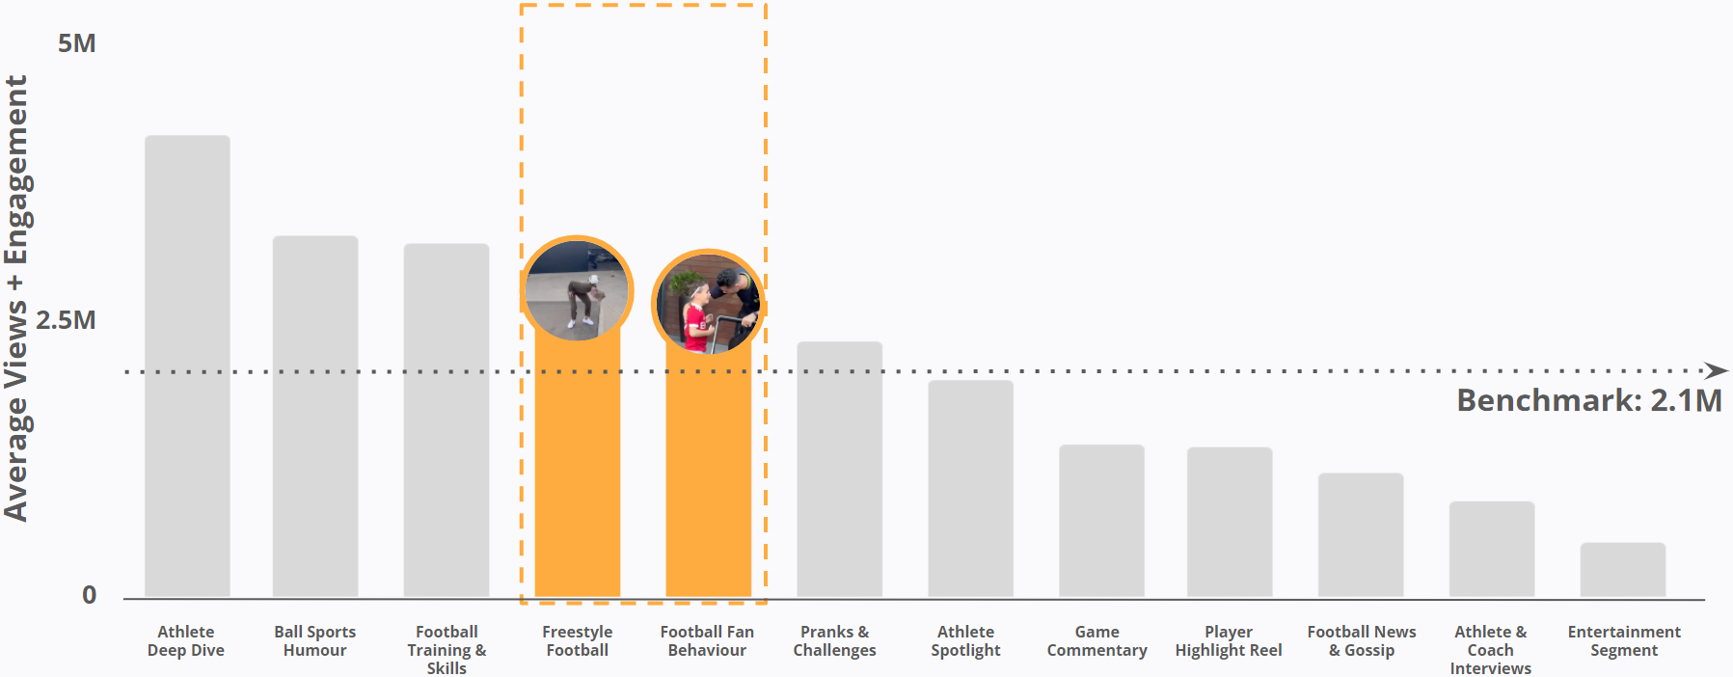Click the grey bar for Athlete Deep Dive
coord(187,366)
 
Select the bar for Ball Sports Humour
coord(315,417)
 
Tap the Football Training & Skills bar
coord(447,420)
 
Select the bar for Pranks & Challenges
coord(839,470)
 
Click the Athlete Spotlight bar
coord(970,489)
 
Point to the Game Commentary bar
coord(1101,521)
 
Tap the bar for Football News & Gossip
coord(1361,535)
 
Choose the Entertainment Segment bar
coord(1622,570)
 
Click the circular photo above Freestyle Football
coord(577,289)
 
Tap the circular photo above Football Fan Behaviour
coord(708,303)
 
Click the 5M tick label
coord(76,43)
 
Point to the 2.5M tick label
coord(66,320)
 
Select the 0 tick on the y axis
coord(89,595)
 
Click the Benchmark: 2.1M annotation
coord(1588,400)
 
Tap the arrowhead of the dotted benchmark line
coord(1716,370)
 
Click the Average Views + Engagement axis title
coord(16,299)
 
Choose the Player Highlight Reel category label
coord(1229,641)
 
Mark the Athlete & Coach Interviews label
coord(1490,650)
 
